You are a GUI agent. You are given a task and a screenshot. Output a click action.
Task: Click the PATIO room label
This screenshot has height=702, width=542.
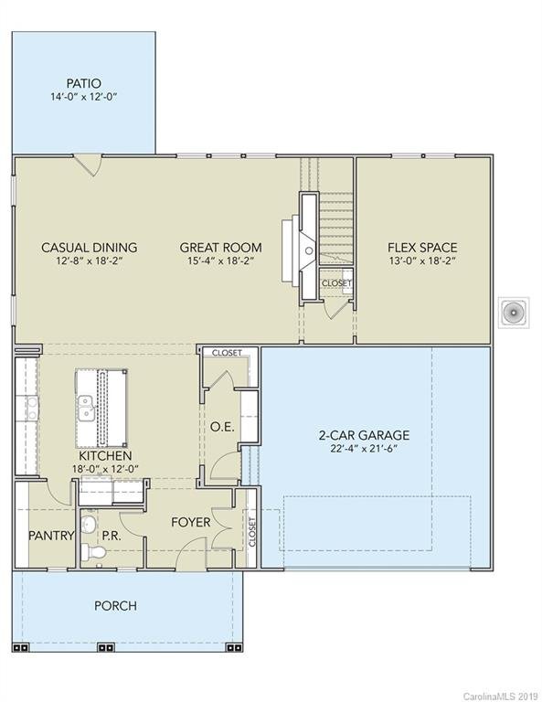83,83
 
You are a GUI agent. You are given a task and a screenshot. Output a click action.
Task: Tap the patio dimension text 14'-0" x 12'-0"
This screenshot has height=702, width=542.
83,97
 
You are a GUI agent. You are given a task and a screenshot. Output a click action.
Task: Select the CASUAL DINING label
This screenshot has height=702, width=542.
90,247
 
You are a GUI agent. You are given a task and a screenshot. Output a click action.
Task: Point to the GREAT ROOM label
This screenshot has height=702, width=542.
220,247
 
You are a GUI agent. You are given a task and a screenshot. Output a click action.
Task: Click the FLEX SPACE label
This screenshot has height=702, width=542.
422,247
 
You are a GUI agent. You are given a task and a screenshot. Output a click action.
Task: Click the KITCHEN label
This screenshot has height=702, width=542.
104,455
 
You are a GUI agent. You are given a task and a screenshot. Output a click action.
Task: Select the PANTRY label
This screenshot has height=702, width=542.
50,536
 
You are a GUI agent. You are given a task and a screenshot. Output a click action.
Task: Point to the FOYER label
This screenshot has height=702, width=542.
191,523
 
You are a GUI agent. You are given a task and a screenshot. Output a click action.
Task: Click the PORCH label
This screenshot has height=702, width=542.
116,606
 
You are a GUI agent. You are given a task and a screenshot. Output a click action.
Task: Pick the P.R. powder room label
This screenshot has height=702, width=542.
113,536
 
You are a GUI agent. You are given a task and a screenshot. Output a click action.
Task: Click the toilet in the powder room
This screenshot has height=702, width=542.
90,551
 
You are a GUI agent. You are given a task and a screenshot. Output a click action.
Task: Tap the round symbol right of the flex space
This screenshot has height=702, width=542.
513,314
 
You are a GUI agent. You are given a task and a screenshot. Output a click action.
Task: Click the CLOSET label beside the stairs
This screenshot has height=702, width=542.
335,283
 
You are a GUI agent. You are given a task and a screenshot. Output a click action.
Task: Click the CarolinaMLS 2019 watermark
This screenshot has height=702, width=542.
502,696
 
